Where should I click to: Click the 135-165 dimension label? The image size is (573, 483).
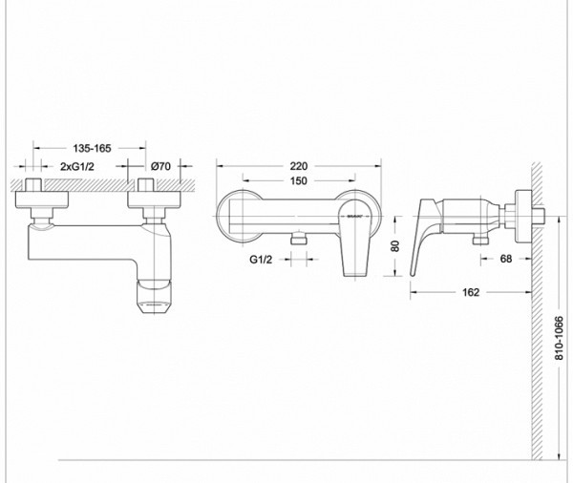coord(92,148)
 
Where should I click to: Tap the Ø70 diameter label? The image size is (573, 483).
coord(160,167)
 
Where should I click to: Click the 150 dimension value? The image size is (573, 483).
coord(300,179)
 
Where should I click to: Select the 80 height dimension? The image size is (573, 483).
coord(395,244)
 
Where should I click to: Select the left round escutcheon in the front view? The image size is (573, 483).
coord(239,216)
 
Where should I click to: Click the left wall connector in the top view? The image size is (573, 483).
coord(42,199)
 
